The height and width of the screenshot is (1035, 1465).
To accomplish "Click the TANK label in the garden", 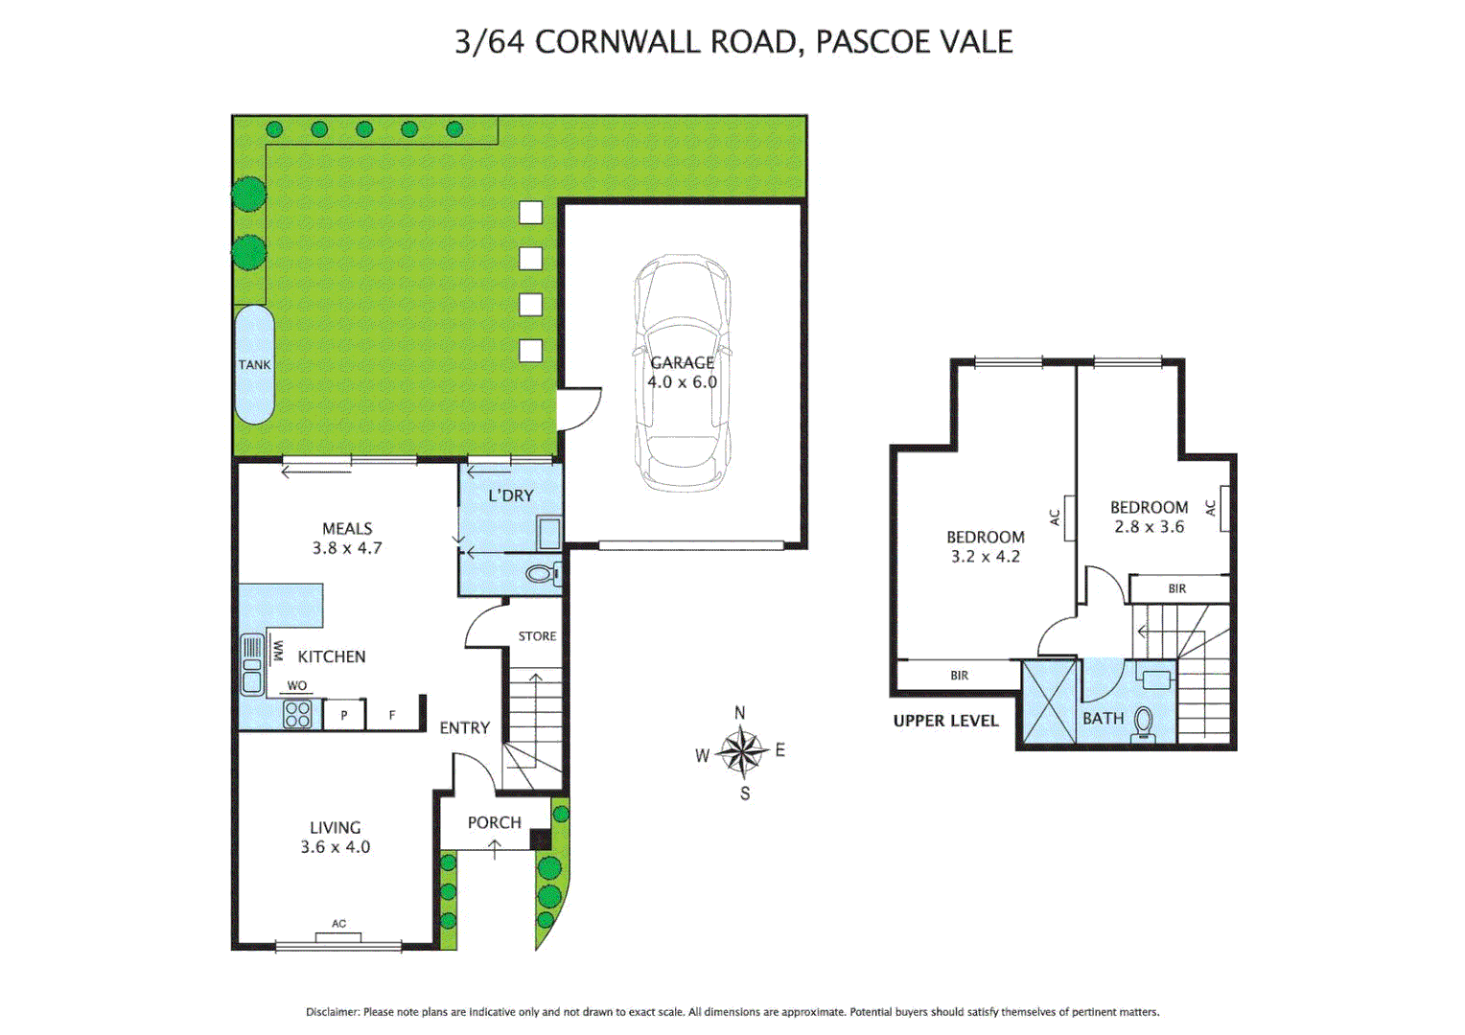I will pos(254,365).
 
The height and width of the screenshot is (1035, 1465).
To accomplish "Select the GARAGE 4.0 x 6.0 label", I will pos(682,372).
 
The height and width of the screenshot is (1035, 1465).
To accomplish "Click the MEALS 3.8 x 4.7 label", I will pos(347,539).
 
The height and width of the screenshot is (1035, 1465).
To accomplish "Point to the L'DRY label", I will pos(510,495).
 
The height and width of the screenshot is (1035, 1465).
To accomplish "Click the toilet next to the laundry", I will pos(543,575).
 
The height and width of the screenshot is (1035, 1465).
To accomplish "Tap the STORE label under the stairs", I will pos(537,636).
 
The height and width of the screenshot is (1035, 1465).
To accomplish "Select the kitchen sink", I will pos(252,664).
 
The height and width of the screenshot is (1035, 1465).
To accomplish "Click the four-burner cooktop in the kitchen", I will pos(297,714).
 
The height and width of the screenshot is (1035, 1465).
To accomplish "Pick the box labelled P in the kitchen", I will pos(344,715).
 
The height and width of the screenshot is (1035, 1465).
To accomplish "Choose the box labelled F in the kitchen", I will pos(392,715).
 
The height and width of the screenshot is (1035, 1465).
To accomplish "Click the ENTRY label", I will pos(464,728).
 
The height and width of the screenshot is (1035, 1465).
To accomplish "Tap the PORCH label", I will pos(494,822).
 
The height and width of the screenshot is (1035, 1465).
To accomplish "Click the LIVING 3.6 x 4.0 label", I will pos(335,837).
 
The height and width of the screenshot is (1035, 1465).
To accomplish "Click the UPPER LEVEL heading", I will pos(945,721).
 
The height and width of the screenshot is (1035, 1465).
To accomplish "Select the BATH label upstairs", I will pos(1103,719).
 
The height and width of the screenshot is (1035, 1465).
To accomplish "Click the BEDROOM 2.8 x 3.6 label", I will pos(1149,517).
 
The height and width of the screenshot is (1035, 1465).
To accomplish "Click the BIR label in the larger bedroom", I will pos(959,676).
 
